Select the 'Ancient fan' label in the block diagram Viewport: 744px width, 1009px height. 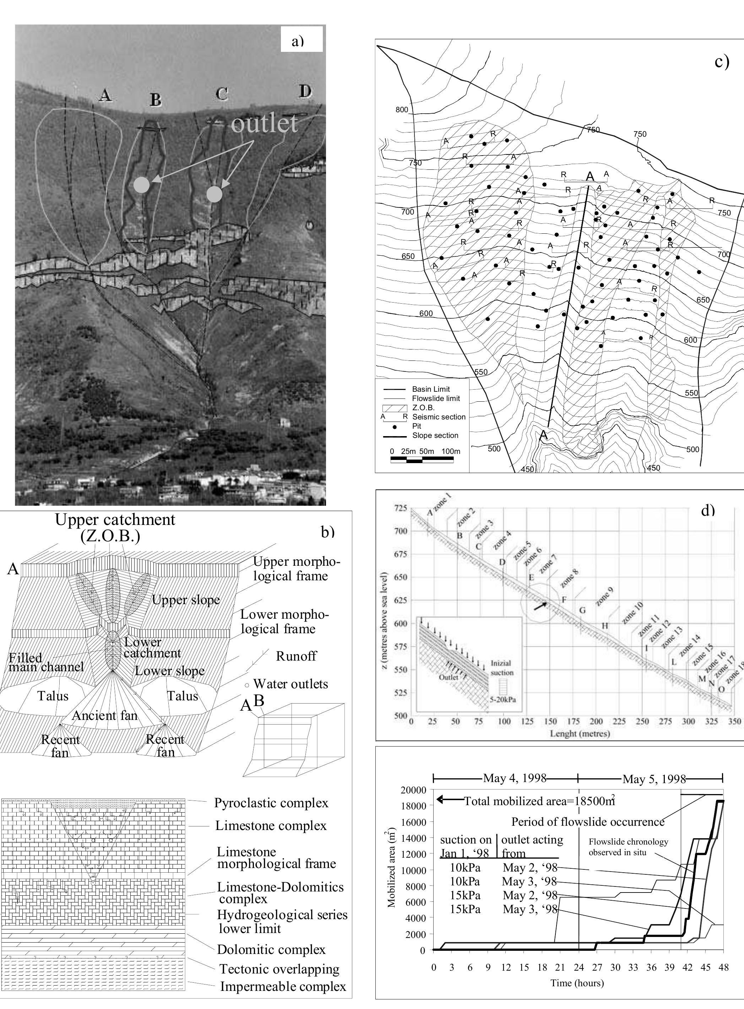point(104,715)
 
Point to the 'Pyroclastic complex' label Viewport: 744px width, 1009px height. point(271,803)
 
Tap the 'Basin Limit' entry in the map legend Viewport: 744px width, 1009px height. point(430,389)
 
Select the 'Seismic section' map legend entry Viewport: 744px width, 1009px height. point(439,417)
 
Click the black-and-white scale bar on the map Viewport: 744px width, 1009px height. point(422,460)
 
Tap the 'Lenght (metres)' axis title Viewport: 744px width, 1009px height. point(580,734)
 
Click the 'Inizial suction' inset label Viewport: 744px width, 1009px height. point(502,668)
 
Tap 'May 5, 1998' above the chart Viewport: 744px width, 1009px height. point(654,779)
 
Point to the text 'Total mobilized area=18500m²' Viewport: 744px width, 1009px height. point(539,801)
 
